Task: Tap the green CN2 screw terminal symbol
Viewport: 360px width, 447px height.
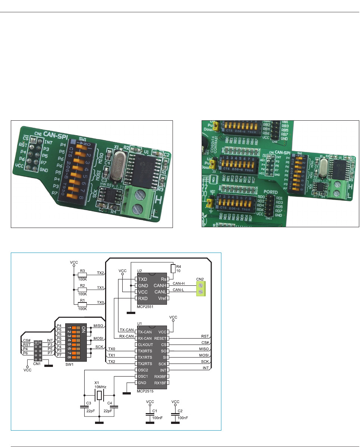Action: tap(200, 288)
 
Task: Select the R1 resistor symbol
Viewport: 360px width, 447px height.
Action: tap(83, 303)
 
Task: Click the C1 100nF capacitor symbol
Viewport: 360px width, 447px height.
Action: tap(150, 413)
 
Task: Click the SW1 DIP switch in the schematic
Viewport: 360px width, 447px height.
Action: tap(76, 342)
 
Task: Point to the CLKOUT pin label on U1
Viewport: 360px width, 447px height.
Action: tap(146, 345)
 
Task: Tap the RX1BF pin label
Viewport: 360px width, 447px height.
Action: tap(159, 383)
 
